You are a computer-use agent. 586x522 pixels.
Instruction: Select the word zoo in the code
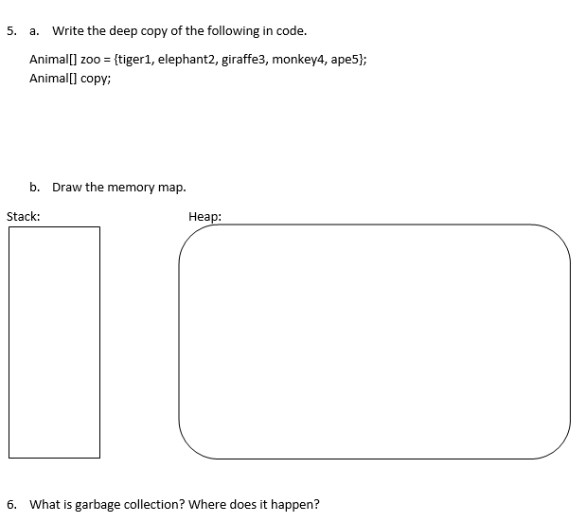91,60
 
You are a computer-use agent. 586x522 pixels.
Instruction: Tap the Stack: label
23,217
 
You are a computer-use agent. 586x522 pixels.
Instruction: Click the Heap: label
204,217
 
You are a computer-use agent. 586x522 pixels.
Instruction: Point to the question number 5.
11,31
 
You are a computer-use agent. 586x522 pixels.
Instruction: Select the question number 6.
11,504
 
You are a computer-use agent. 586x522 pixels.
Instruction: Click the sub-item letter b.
34,187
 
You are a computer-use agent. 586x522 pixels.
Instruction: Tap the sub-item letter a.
34,31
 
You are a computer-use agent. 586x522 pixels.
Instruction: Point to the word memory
131,188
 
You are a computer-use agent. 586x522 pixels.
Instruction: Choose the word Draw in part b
67,187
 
